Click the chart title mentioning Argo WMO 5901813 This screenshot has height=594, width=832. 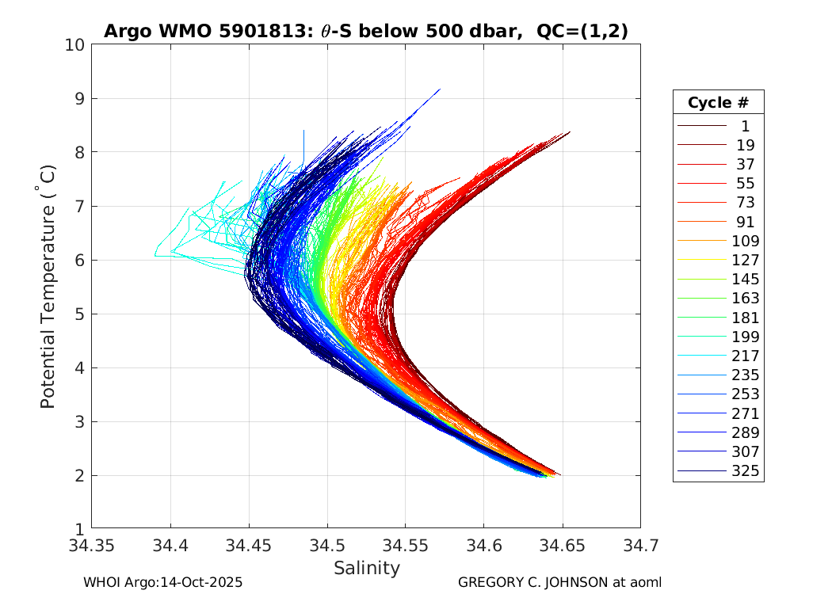(x=366, y=32)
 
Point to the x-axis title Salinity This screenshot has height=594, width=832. (x=366, y=568)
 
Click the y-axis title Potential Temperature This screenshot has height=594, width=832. (x=48, y=287)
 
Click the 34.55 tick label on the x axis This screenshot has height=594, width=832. (x=405, y=546)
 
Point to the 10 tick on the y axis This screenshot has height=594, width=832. (x=75, y=45)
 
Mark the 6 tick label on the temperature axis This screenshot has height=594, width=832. (x=79, y=260)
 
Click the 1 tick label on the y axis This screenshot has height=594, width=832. (x=79, y=529)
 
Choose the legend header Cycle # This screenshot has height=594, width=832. (x=718, y=102)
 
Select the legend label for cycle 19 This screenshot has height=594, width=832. (x=745, y=145)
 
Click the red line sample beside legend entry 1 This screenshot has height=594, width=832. (x=701, y=125)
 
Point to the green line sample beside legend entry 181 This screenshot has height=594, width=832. (x=701, y=318)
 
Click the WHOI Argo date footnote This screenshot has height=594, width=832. (x=162, y=582)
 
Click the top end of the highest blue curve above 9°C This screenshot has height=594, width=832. (x=440, y=89)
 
